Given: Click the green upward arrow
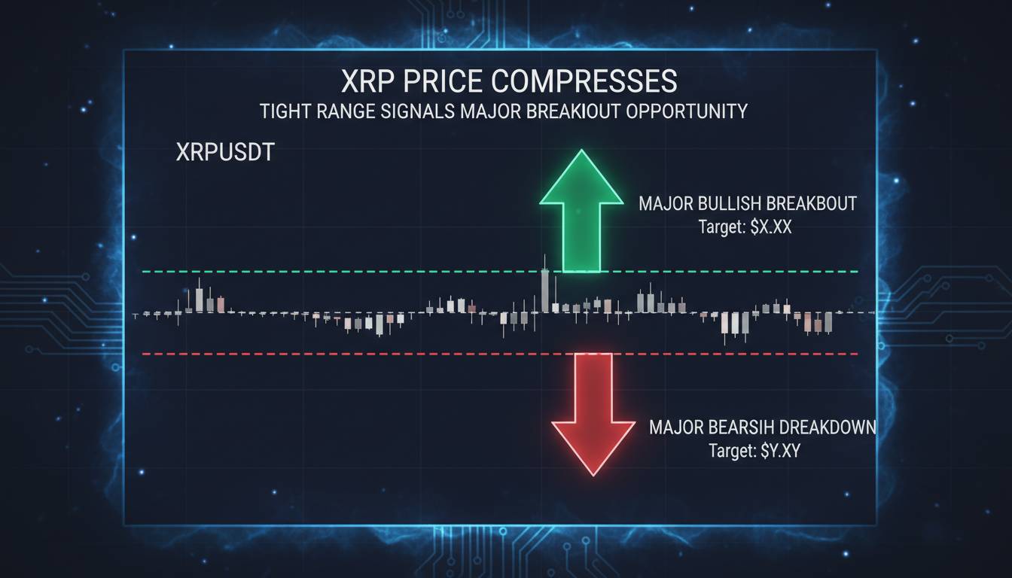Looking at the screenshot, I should pos(581,214).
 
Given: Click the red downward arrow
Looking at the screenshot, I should pos(593,410).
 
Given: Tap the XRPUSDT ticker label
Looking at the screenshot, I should pos(224,152).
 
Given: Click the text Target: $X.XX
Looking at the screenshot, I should pos(745,227).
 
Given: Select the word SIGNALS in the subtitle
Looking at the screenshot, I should pos(413,111).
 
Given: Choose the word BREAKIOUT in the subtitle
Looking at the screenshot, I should pos(565,111).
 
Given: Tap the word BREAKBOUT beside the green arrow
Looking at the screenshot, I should pos(812,204).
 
